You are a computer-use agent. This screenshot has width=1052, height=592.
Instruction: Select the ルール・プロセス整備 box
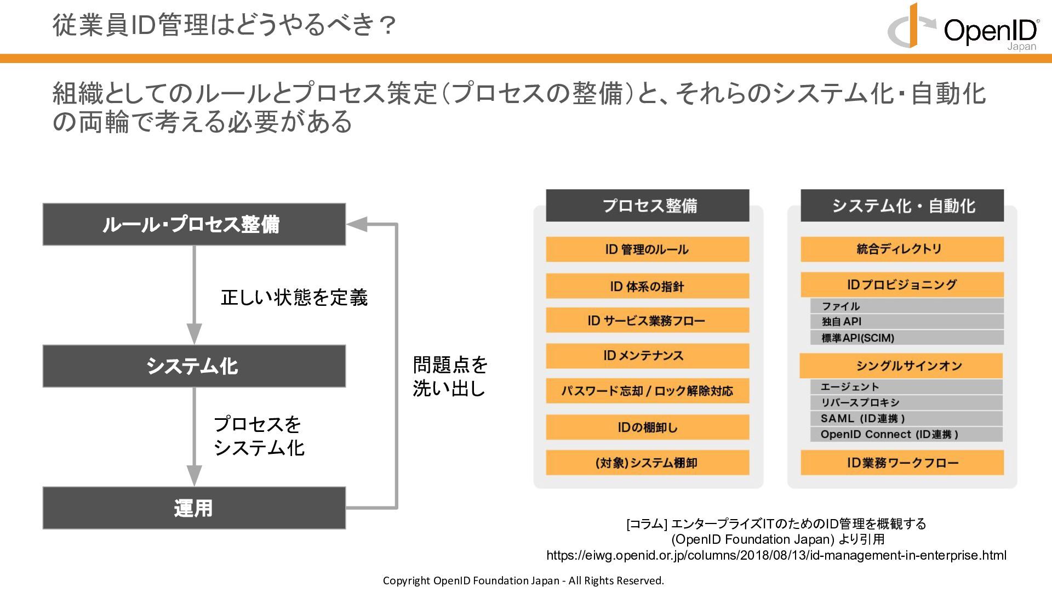(x=194, y=224)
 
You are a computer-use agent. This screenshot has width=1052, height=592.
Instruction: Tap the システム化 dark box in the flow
(x=194, y=366)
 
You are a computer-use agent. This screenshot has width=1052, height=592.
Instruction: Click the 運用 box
(x=194, y=508)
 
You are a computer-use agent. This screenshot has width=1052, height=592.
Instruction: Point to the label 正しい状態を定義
(x=294, y=298)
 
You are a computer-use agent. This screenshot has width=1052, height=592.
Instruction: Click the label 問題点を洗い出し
(x=450, y=377)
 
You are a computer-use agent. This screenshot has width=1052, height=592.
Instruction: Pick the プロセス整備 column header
(x=648, y=206)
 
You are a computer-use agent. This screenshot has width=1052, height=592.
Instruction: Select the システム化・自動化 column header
(x=902, y=206)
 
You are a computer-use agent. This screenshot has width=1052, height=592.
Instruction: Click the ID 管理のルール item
(x=648, y=249)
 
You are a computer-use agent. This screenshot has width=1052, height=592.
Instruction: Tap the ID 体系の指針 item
(x=648, y=286)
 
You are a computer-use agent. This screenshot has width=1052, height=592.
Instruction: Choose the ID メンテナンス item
(x=648, y=356)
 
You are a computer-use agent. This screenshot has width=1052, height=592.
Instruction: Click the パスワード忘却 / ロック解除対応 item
(x=648, y=391)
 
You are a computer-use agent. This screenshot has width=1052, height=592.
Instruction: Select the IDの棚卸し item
(x=648, y=427)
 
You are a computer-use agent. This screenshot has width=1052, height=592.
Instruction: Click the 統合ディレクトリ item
(x=902, y=249)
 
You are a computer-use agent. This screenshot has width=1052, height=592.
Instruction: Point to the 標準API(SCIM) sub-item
(x=907, y=338)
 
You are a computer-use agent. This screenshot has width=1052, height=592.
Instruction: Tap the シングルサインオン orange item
(x=901, y=366)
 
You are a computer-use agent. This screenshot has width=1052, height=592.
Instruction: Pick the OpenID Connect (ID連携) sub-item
(x=907, y=435)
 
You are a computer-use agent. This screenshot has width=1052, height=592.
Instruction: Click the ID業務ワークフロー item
(x=902, y=463)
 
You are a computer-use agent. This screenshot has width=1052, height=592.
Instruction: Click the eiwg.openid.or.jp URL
(x=776, y=555)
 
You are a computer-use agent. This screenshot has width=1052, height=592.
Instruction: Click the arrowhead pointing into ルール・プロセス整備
(x=357, y=224)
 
